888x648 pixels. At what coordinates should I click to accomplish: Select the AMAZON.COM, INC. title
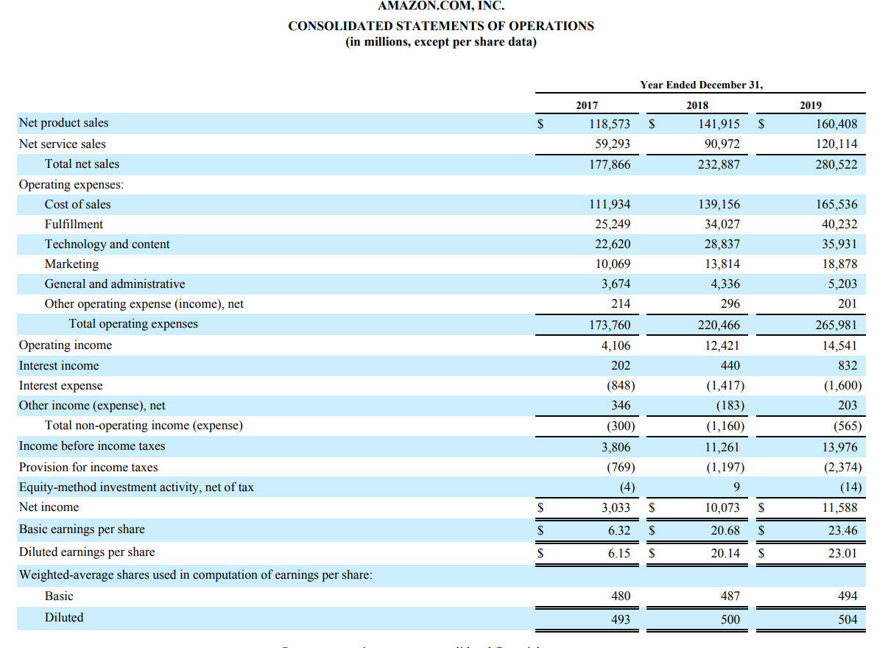[441, 7]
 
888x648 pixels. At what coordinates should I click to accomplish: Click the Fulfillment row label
[74, 224]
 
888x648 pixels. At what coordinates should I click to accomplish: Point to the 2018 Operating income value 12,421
[719, 345]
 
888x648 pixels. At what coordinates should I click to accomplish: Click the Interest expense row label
[61, 385]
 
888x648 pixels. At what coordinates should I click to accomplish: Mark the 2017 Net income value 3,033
[616, 507]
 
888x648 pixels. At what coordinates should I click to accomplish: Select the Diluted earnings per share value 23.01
[842, 552]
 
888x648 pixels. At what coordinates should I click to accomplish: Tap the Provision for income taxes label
[88, 467]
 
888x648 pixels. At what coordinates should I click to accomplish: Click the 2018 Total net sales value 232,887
[719, 164]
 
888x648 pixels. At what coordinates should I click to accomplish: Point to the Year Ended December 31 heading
[701, 85]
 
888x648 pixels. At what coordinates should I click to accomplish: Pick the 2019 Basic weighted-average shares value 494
[848, 596]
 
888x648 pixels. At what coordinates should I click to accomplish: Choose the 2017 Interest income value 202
[621, 365]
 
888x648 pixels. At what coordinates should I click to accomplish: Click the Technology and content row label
[107, 244]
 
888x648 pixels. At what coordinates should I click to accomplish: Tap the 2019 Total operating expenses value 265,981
[836, 325]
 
